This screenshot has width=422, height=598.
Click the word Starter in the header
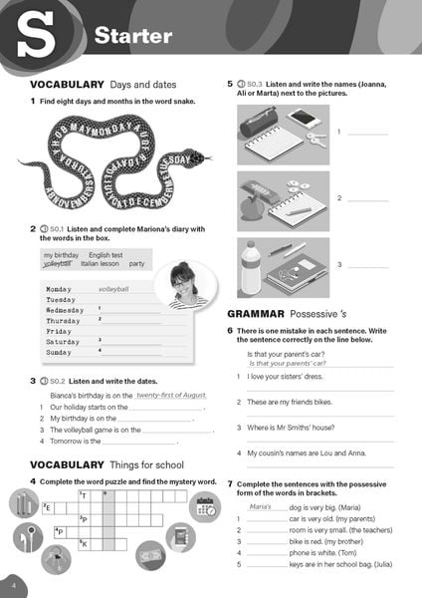(x=132, y=37)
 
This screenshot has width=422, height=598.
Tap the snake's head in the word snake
(x=198, y=157)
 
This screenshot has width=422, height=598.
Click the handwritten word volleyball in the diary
(x=113, y=289)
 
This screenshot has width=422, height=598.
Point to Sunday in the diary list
(x=59, y=352)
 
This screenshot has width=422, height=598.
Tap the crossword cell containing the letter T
(x=86, y=495)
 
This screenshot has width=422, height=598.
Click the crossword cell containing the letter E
(x=48, y=507)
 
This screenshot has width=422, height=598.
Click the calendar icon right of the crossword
(x=206, y=505)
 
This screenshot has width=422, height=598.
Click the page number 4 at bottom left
(x=14, y=581)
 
